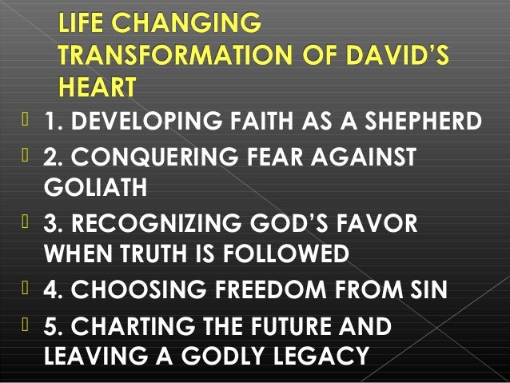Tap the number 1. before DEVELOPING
click(x=53, y=122)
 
